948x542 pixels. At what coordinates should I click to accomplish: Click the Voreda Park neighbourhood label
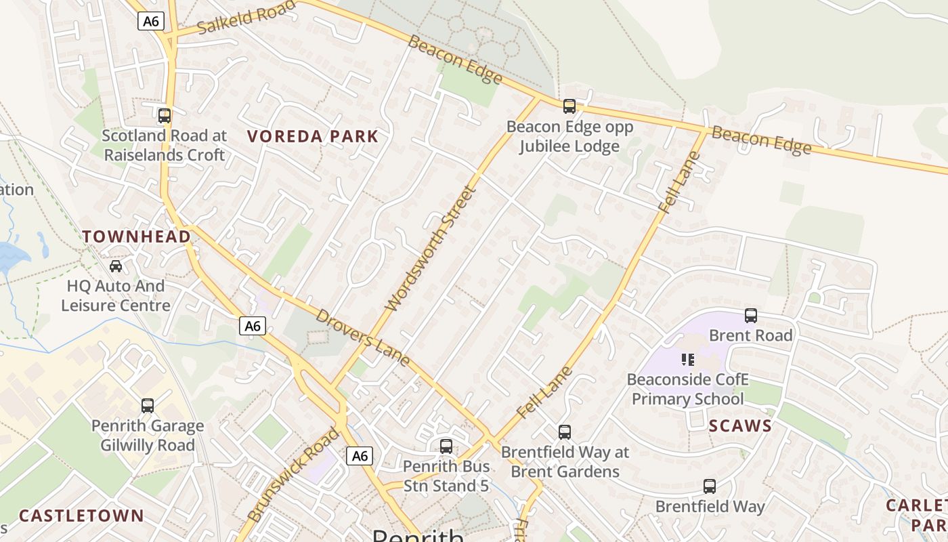tap(312, 137)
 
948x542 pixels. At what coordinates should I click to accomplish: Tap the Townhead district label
tap(136, 236)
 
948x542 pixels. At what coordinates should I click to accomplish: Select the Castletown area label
tap(81, 516)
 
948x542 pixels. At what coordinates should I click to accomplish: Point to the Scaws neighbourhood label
tap(740, 426)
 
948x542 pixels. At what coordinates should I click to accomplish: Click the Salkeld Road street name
tap(247, 17)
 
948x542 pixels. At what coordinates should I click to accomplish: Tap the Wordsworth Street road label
tap(431, 249)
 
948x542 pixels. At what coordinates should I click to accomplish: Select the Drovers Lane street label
tap(363, 337)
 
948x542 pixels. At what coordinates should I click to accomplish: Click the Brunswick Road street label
tap(293, 474)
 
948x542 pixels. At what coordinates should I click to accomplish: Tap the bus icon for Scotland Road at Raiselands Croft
tap(165, 116)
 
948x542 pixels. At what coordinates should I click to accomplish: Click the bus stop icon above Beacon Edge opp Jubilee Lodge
tap(569, 106)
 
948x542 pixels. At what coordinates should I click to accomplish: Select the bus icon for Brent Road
tap(750, 316)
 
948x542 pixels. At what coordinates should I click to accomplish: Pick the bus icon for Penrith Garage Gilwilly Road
tap(148, 406)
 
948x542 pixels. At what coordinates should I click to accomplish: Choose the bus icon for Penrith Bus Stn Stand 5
tap(446, 446)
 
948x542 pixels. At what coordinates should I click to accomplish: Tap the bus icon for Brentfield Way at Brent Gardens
tap(565, 432)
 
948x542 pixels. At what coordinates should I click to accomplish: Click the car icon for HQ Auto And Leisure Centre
tap(116, 266)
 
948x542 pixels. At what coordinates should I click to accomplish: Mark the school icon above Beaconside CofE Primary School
tap(688, 360)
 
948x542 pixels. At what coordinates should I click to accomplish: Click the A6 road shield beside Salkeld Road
tap(151, 21)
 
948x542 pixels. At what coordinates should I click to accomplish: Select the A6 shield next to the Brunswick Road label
tap(360, 456)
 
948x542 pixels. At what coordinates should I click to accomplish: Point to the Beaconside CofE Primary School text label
tap(687, 389)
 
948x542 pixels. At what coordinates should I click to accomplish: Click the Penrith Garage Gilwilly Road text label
tap(148, 436)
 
